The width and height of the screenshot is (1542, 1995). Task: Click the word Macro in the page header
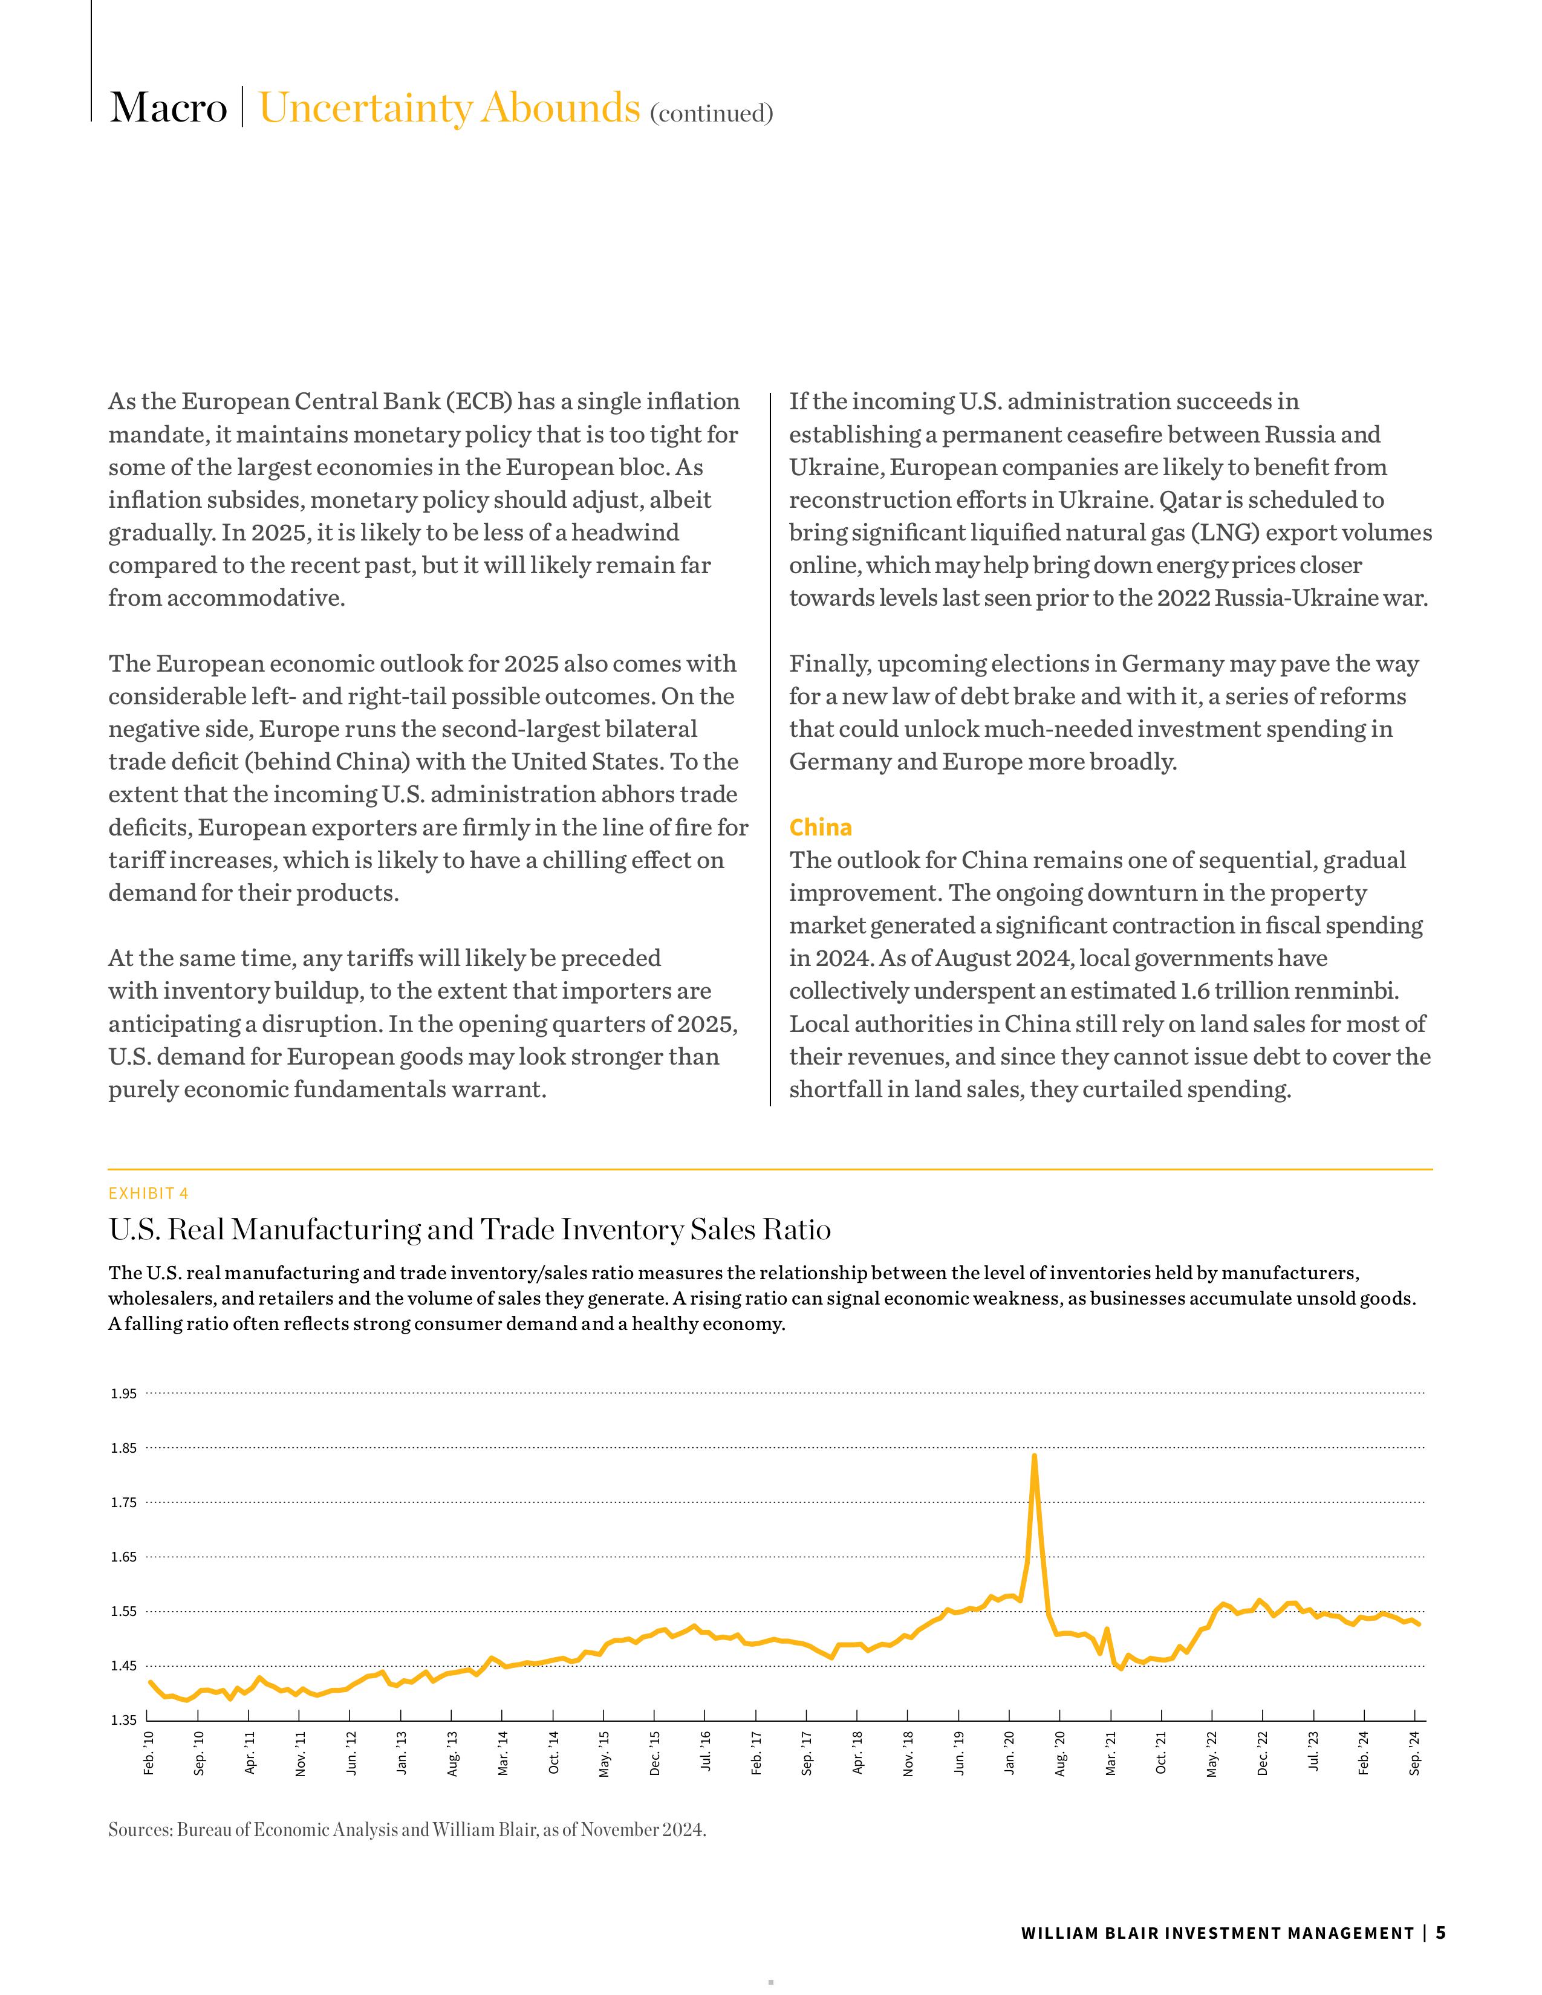pyautogui.click(x=168, y=108)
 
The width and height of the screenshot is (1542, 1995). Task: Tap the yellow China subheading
pyautogui.click(x=821, y=828)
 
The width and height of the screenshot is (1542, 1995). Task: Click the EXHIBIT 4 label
pyautogui.click(x=148, y=1193)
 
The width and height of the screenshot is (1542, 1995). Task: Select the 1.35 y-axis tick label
pyautogui.click(x=124, y=1721)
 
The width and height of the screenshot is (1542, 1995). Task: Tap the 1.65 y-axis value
pyautogui.click(x=124, y=1557)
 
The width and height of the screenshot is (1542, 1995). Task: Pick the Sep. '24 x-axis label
pyautogui.click(x=1415, y=1753)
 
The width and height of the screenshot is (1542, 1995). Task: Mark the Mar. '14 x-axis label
pyautogui.click(x=503, y=1753)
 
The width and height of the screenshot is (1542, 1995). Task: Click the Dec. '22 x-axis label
pyautogui.click(x=1263, y=1753)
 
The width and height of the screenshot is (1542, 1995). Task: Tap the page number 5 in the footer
pyautogui.click(x=1440, y=1933)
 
